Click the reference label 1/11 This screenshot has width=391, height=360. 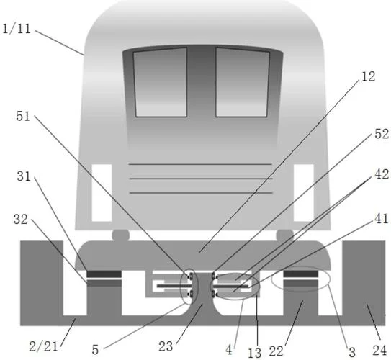[x=17, y=29]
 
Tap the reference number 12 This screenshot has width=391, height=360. [x=368, y=76]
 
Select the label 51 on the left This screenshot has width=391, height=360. [x=23, y=116]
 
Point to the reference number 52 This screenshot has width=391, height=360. [x=382, y=134]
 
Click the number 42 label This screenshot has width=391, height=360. [x=382, y=174]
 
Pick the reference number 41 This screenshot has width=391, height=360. [x=382, y=218]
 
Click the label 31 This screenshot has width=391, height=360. [x=24, y=176]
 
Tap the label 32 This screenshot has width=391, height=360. [x=20, y=220]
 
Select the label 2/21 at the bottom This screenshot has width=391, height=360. [x=43, y=346]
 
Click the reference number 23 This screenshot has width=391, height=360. [x=166, y=346]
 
